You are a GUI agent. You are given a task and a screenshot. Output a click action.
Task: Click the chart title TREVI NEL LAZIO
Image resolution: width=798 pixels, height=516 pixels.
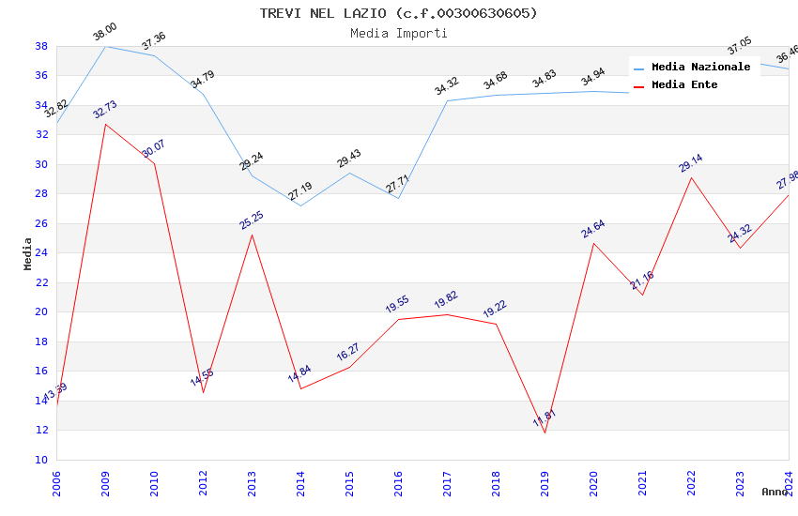click(399, 13)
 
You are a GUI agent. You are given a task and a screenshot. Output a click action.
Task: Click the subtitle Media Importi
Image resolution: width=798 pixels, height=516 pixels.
click(399, 33)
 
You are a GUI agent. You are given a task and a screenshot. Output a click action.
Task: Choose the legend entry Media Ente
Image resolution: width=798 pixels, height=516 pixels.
click(684, 85)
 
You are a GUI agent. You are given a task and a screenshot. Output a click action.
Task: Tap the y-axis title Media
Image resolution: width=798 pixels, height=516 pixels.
click(28, 253)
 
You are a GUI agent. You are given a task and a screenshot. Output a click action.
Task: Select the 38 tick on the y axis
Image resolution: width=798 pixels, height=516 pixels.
click(41, 46)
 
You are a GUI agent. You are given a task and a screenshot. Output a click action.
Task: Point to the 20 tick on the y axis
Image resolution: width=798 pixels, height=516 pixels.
click(41, 312)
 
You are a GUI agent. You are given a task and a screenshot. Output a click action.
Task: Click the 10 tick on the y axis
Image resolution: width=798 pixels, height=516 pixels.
click(41, 460)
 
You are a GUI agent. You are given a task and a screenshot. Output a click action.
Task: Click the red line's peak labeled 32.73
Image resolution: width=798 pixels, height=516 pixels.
click(105, 125)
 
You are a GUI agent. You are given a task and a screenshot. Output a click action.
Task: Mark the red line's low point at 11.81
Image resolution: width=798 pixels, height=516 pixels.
click(545, 433)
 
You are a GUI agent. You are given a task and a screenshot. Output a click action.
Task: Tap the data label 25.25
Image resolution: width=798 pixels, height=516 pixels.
click(252, 220)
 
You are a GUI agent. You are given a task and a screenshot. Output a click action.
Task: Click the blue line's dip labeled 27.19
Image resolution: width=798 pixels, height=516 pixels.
click(300, 205)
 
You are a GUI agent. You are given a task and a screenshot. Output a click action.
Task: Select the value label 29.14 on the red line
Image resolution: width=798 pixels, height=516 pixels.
click(691, 163)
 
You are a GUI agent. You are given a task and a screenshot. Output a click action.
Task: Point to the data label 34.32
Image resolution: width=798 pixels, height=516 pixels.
click(447, 87)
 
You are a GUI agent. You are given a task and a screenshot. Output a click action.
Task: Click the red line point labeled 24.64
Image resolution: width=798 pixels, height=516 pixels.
click(593, 243)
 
